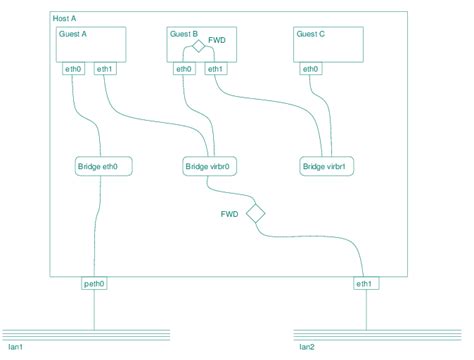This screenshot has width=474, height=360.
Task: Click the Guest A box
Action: pos(91,45)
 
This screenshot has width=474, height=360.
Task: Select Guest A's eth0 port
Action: pos(72,69)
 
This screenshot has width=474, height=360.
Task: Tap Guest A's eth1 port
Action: pos(104,69)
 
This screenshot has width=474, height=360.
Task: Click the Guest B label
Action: pos(183,34)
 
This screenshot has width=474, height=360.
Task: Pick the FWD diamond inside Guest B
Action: pos(199,46)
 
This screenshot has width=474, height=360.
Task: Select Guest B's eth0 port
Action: pos(184,69)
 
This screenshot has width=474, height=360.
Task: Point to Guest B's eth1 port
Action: pos(215,69)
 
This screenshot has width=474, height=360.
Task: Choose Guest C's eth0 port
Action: pos(310,69)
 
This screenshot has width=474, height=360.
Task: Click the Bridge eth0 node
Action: pos(103,166)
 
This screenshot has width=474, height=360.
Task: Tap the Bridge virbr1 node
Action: pos(329,166)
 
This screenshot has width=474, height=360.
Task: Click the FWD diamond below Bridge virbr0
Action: pos(255,213)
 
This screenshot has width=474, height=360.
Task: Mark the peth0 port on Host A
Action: pos(94,284)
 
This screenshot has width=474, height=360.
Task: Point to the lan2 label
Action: pos(306,347)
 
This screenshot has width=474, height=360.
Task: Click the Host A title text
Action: pos(64,19)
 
